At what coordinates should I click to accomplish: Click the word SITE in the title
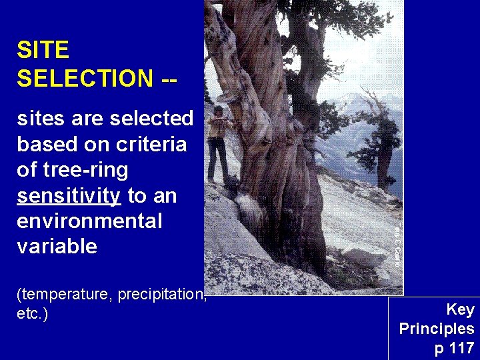tap(43, 50)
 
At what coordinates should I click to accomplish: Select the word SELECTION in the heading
tap(85, 78)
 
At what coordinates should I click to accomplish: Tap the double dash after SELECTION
tap(169, 78)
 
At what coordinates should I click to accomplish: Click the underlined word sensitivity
tap(69, 196)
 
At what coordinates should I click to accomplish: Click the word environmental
tap(89, 221)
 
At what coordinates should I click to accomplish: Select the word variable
tap(57, 247)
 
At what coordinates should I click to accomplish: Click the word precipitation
tap(161, 295)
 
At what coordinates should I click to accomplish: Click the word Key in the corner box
tap(460, 309)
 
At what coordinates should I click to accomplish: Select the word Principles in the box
tap(437, 329)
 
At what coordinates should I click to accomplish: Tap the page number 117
tap(461, 348)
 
